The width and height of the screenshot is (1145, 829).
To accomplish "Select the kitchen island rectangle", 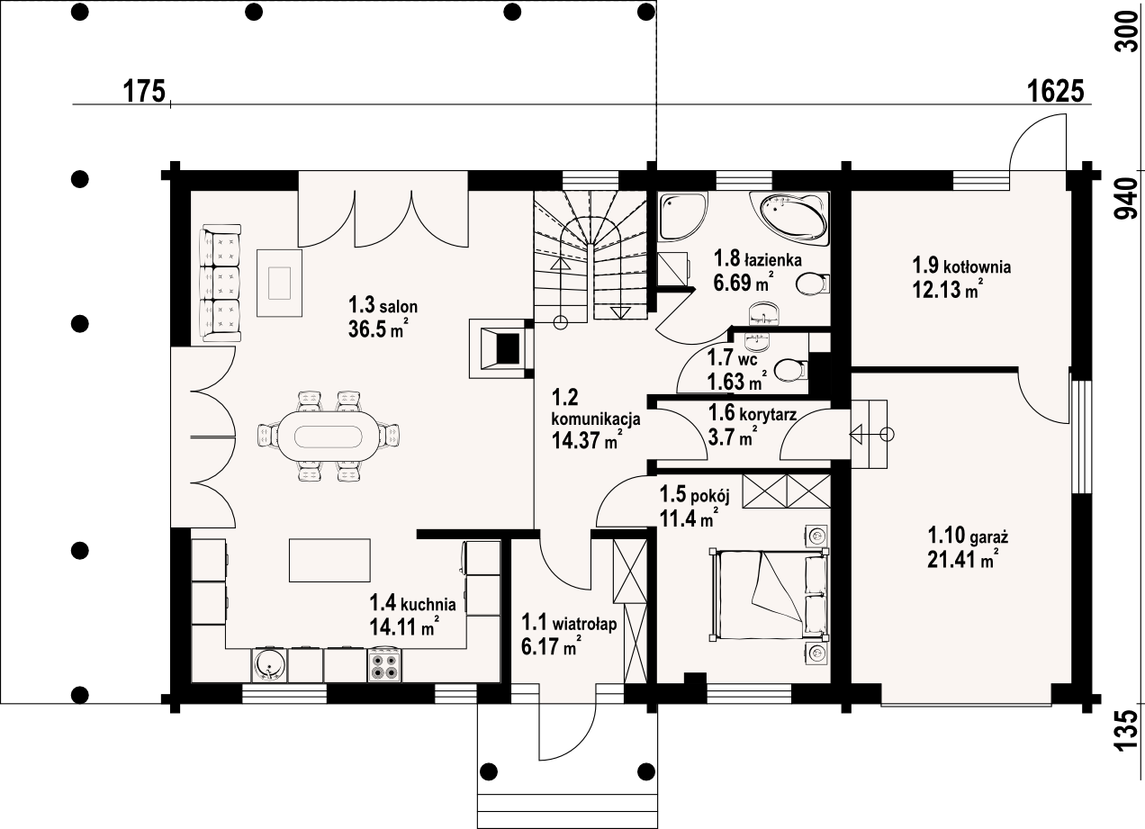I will pyautogui.click(x=330, y=561).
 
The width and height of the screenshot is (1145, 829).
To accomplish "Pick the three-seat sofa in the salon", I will pyautogui.click(x=221, y=284).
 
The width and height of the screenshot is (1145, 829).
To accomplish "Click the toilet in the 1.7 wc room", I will pyautogui.click(x=790, y=370).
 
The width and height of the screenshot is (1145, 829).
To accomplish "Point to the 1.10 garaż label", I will pyautogui.click(x=967, y=536).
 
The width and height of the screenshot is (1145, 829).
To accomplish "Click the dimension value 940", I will pyautogui.click(x=1124, y=199).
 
